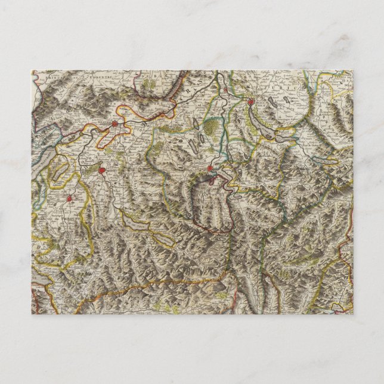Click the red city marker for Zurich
(251, 103)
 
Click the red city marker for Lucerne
(210, 169)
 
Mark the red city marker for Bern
(101, 170)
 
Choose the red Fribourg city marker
(69, 199)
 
